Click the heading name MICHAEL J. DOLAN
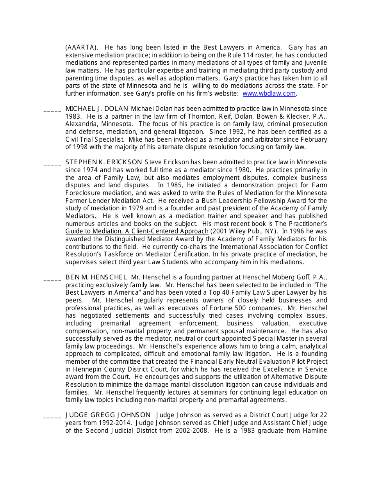(x=97, y=108)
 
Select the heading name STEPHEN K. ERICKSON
(x=103, y=162)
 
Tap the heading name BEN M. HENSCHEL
(x=96, y=277)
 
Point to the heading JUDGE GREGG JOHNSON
(x=108, y=415)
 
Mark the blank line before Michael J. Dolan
(x=52, y=111)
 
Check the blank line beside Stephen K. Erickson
(x=52, y=164)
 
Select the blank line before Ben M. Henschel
(x=52, y=279)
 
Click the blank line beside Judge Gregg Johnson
(x=52, y=417)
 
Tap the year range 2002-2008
(x=187, y=430)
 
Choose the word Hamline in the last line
(x=314, y=430)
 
